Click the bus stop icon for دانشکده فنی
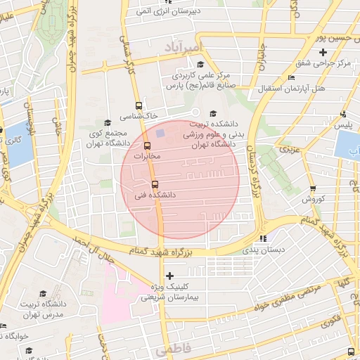pyautogui.click(x=155, y=184)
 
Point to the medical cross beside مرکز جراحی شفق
pyautogui.click(x=323, y=52)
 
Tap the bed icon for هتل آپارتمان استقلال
pyautogui.click(x=291, y=77)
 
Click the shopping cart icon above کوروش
pyautogui.click(x=313, y=188)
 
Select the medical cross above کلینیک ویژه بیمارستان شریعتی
pyautogui.click(x=169, y=276)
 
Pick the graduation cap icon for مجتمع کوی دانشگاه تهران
pyautogui.click(x=107, y=122)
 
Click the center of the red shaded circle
pyautogui.click(x=180, y=179)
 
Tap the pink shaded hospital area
pyautogui.click(x=120, y=295)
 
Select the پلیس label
pyautogui.click(x=343, y=124)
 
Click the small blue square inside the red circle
pyautogui.click(x=161, y=132)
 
